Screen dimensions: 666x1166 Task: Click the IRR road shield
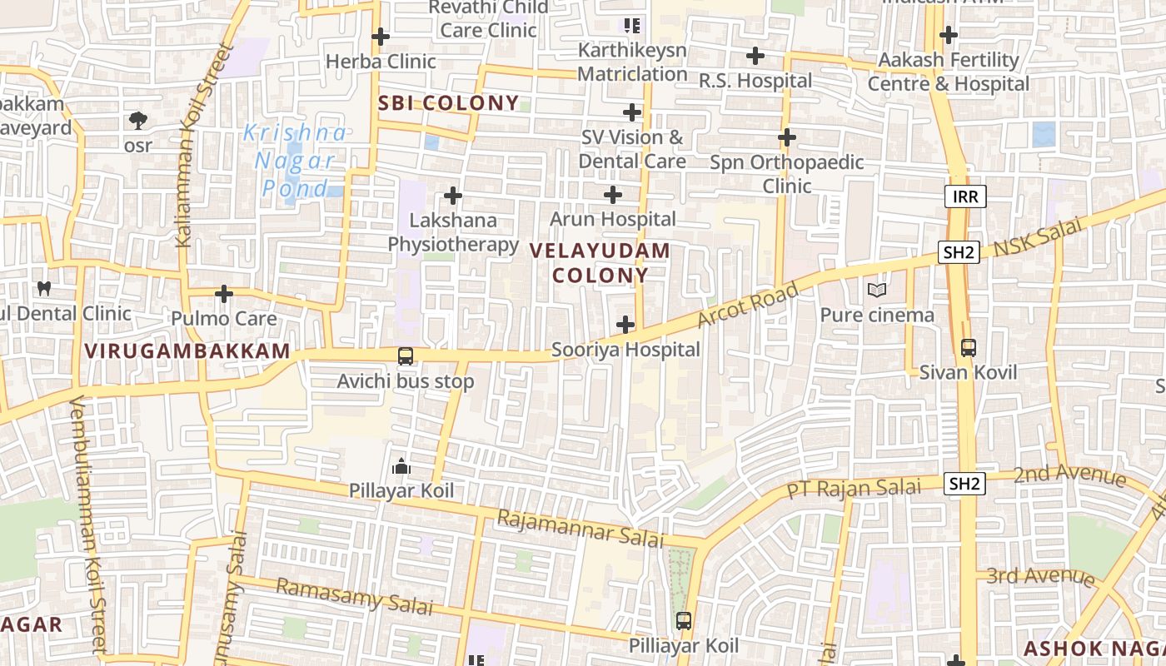coord(965,196)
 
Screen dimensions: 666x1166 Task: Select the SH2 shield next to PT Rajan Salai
coord(965,484)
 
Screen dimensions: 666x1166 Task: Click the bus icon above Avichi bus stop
coord(406,356)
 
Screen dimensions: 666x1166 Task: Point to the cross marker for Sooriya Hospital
coord(625,325)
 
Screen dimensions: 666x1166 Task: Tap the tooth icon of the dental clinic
coord(45,288)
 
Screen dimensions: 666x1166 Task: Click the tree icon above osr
coord(138,122)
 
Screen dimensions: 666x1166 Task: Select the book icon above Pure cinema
coord(876,290)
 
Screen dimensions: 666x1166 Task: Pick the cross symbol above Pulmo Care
coord(223,294)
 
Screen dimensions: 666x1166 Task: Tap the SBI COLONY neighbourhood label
coord(448,103)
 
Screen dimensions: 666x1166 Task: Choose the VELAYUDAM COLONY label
coord(600,263)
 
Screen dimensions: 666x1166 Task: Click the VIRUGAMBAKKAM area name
coord(187,351)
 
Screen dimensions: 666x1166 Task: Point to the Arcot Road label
coord(747,304)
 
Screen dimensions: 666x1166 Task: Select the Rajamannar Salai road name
coord(581,529)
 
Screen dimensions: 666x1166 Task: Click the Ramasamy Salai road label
coord(354,596)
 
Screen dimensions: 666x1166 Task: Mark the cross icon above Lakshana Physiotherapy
coord(453,196)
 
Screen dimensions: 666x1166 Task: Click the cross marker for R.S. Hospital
coord(755,56)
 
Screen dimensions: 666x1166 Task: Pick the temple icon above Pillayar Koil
coord(401,466)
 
